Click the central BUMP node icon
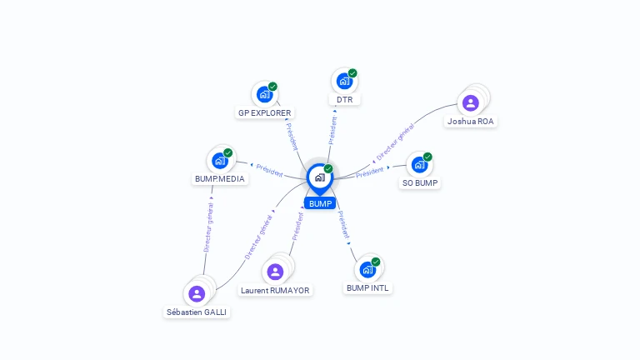(x=318, y=177)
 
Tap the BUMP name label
(x=320, y=203)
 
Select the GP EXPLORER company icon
(x=265, y=94)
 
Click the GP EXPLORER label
(x=266, y=112)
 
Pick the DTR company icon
(x=344, y=82)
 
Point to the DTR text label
(x=345, y=100)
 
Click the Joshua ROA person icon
(x=471, y=103)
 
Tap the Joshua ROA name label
(x=471, y=122)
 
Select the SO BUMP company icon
(x=419, y=164)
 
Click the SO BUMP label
(x=419, y=182)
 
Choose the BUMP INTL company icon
(x=367, y=270)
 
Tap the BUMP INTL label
(x=367, y=288)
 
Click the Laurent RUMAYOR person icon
(x=275, y=272)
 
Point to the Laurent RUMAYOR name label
(x=275, y=291)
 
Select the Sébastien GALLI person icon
(x=197, y=293)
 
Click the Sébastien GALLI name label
(x=197, y=312)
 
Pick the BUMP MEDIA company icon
(x=220, y=160)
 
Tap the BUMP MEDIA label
(x=221, y=178)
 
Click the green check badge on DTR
(x=352, y=73)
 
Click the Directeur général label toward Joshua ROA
(x=394, y=142)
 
